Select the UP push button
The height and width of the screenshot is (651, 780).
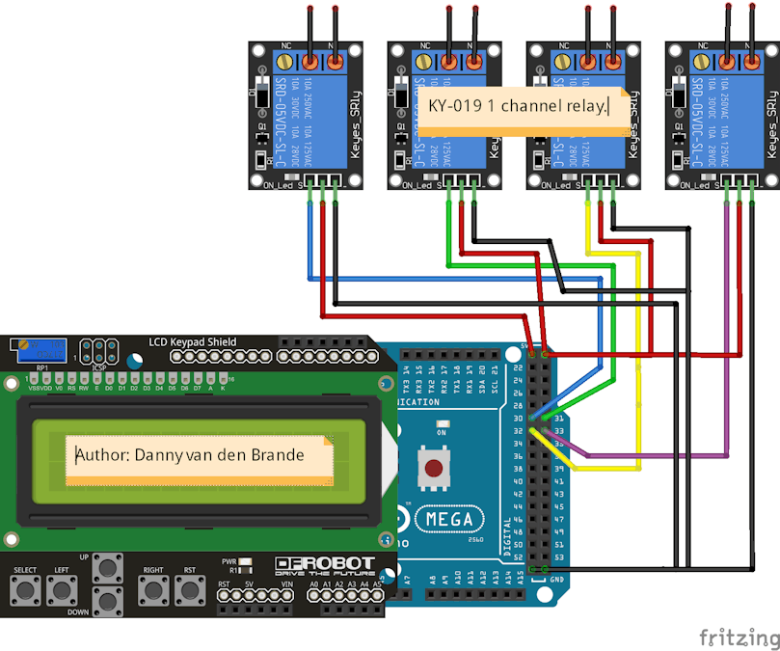(108, 569)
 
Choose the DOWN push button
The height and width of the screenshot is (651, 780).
(108, 602)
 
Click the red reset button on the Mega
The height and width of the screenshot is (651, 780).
(435, 470)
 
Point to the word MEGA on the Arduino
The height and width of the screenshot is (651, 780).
(449, 519)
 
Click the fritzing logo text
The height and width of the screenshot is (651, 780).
(739, 637)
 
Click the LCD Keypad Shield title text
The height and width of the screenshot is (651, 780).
(193, 341)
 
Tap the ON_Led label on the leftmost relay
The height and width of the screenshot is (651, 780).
(278, 185)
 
